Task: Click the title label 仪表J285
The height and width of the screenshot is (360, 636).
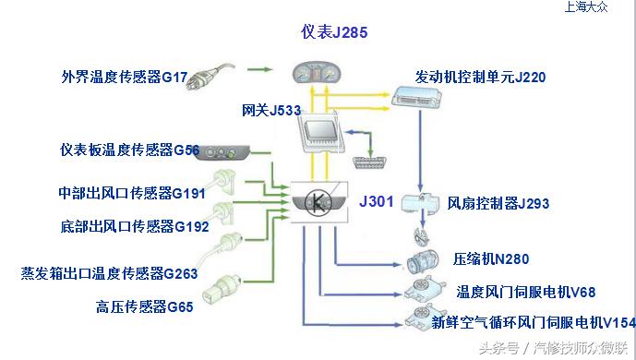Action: click(334, 32)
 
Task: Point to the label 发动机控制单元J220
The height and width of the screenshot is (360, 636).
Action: click(480, 78)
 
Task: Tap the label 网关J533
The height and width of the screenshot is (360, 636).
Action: click(271, 111)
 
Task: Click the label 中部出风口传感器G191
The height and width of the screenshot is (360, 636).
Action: click(132, 194)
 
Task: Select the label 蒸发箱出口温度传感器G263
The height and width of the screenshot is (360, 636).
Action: click(110, 273)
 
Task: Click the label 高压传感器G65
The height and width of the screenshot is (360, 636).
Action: click(144, 306)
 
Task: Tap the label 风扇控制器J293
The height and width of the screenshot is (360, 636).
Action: click(498, 203)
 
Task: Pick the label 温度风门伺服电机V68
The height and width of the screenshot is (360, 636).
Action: click(526, 292)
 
